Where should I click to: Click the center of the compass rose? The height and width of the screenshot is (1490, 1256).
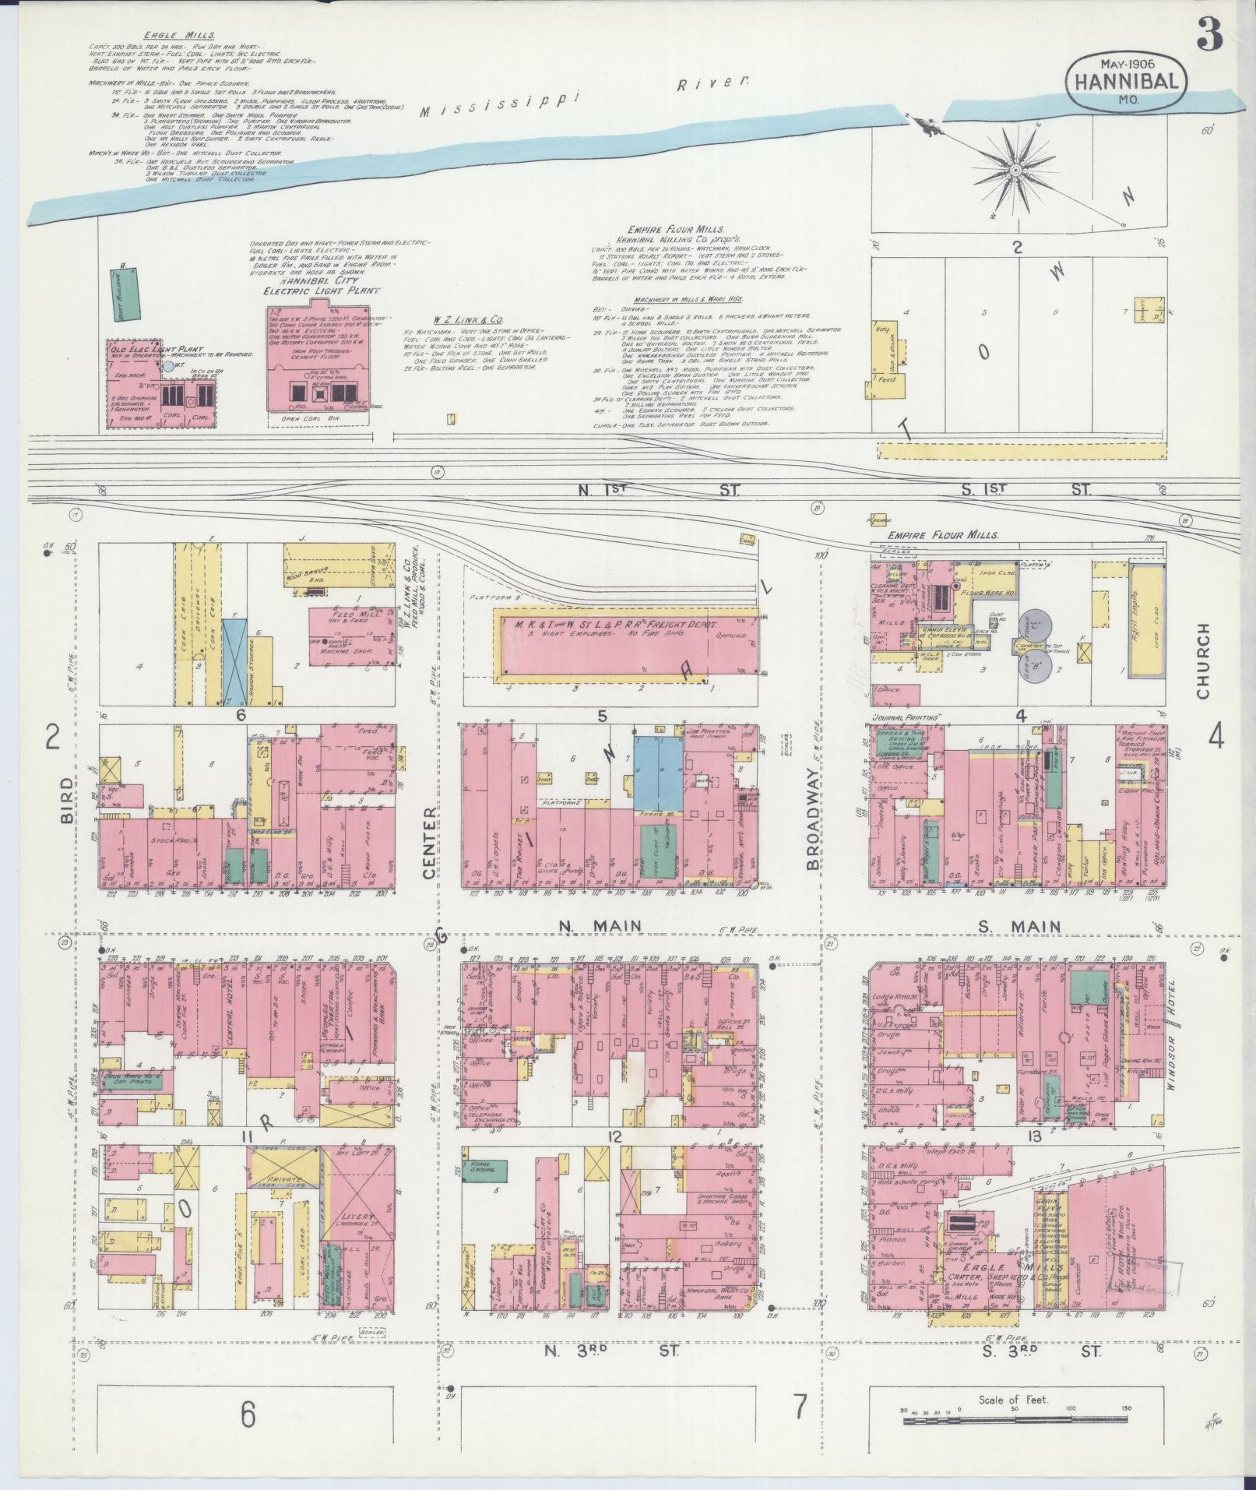point(1015,168)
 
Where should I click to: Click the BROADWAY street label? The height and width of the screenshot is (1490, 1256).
point(813,817)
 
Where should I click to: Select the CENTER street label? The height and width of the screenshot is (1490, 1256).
point(429,843)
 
